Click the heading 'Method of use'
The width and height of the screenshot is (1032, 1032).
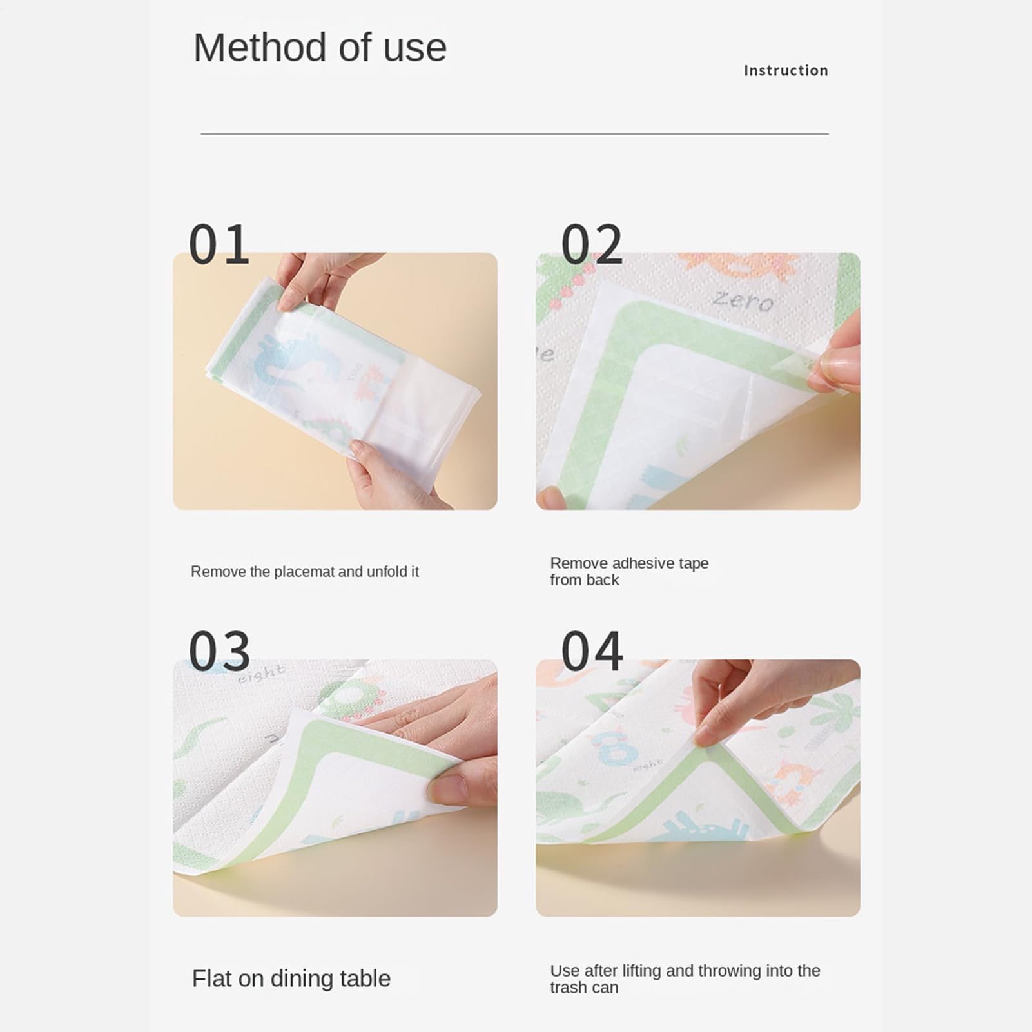tap(320, 48)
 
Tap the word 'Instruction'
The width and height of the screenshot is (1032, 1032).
tap(786, 70)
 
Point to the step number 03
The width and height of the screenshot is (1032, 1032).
tap(219, 650)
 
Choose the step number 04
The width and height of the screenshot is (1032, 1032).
tap(592, 650)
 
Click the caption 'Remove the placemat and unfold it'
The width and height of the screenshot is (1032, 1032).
tap(305, 572)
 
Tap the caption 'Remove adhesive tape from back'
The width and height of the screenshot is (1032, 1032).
tap(629, 572)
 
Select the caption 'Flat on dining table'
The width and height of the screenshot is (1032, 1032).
tap(291, 978)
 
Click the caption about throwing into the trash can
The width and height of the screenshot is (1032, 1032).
tap(685, 979)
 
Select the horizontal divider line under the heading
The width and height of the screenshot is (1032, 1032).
tap(514, 134)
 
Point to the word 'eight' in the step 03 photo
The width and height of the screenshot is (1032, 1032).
tap(261, 674)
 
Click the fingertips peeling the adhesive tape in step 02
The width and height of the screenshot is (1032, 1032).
tap(835, 367)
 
